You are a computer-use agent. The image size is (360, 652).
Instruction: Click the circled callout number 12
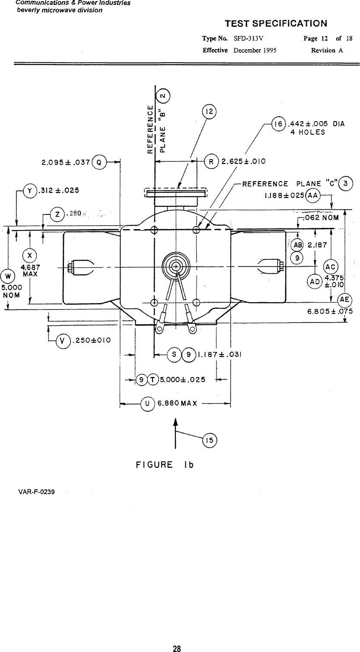point(209,112)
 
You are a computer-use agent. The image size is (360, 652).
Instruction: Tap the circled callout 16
point(279,124)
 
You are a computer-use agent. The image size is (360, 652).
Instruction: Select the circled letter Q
point(99,162)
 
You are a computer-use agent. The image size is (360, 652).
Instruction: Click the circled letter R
point(211,162)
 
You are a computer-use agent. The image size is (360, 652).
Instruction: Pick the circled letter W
point(8,276)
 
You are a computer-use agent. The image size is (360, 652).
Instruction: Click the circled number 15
point(210,441)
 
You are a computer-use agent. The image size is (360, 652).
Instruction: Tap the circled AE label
point(345,300)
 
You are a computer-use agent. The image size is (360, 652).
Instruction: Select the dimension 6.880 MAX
point(177,403)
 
